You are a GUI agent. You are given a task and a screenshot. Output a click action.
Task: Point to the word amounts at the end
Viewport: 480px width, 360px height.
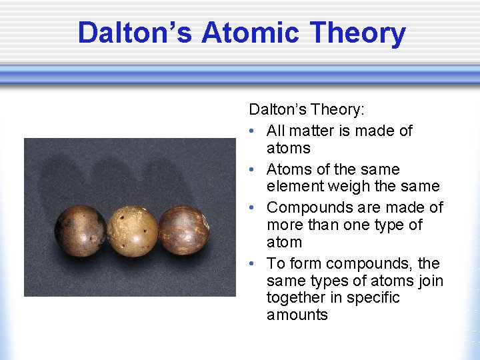point(297,315)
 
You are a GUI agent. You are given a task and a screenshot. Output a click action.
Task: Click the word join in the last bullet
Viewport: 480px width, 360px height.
point(429,280)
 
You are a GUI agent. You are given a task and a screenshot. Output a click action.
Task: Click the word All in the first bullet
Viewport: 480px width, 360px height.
point(277,131)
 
